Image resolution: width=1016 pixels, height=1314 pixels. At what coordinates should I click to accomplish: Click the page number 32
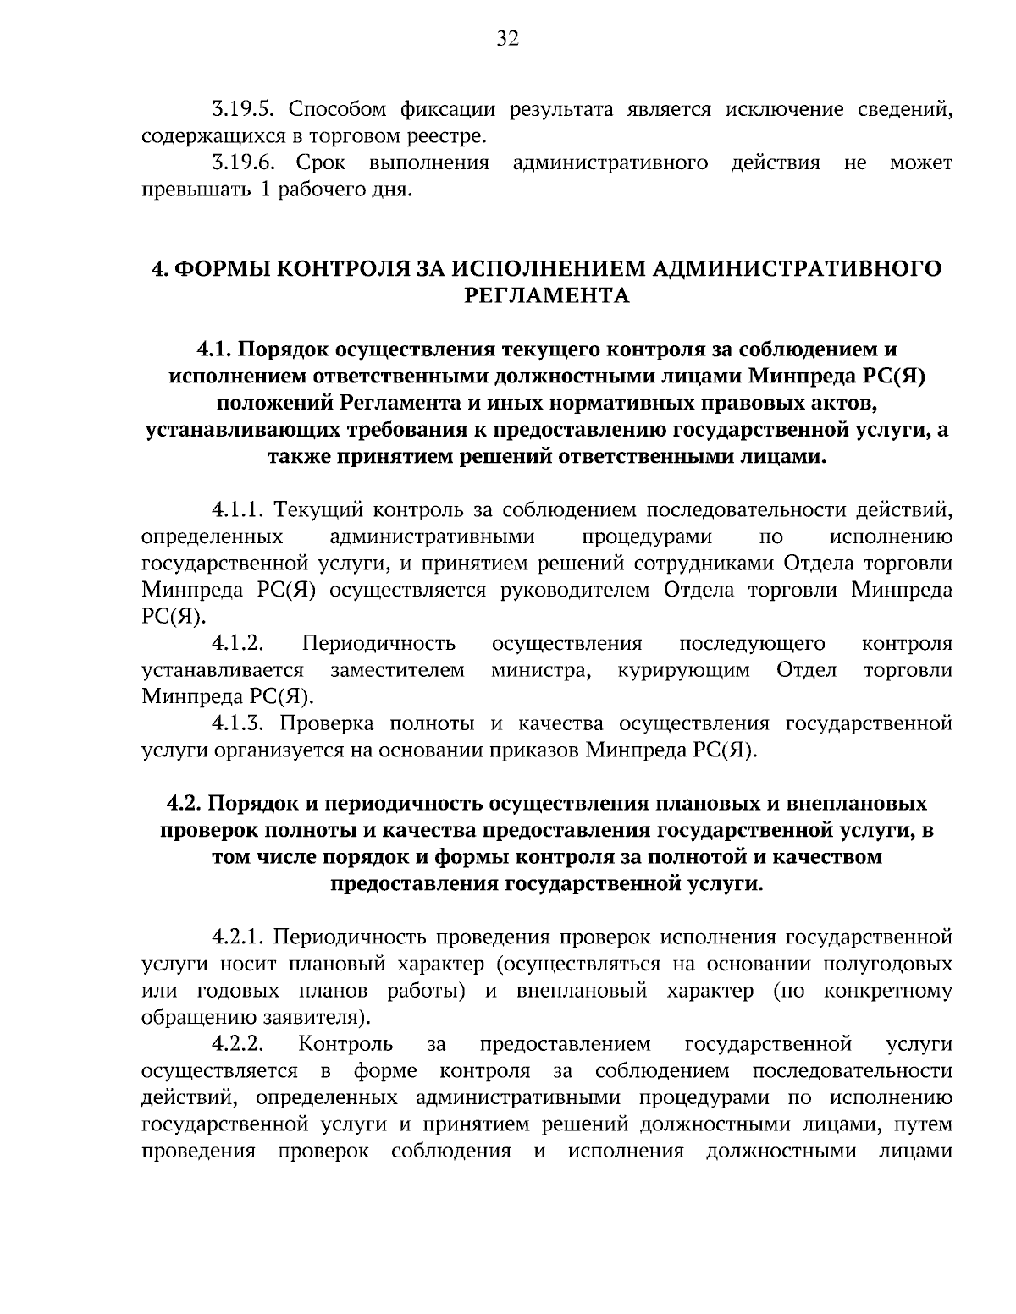507,39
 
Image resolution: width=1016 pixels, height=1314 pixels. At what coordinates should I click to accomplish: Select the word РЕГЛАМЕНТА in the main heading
547,295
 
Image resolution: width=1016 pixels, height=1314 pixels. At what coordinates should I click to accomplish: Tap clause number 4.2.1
240,937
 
